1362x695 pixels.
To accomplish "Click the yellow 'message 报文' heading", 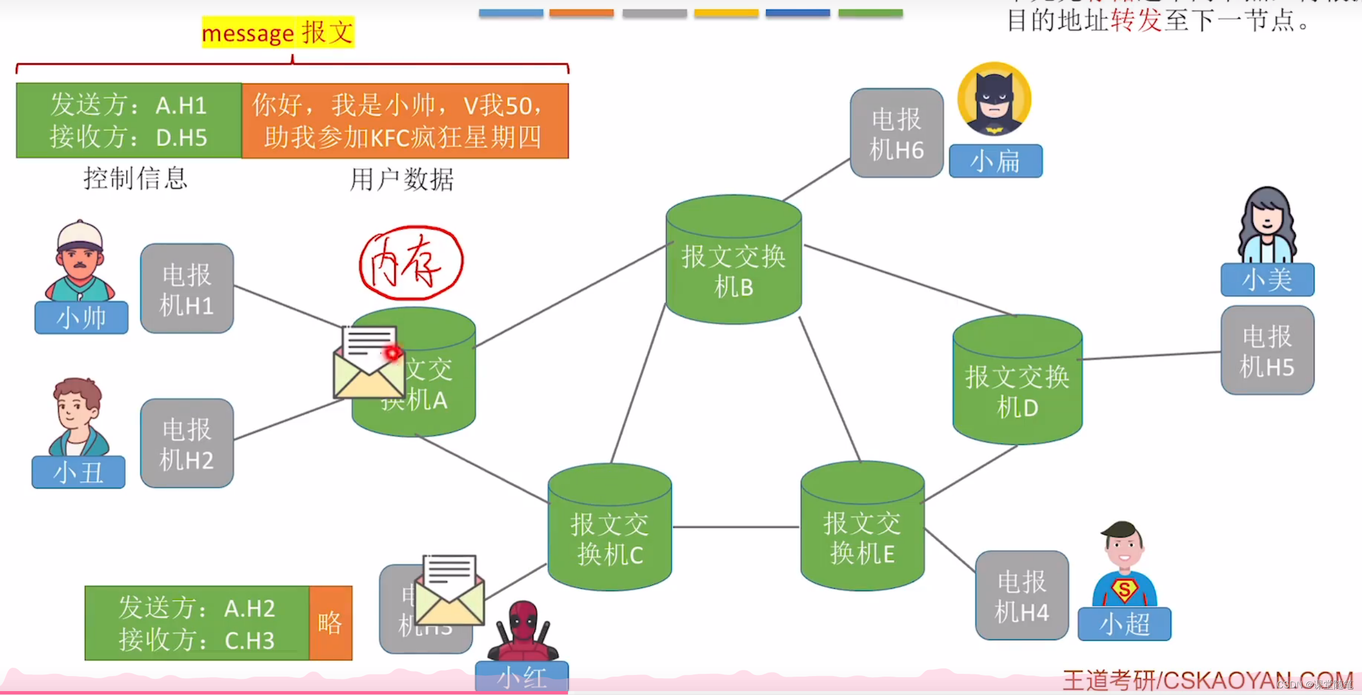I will pyautogui.click(x=278, y=32).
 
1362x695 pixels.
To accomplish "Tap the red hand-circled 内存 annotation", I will pyautogui.click(x=411, y=262).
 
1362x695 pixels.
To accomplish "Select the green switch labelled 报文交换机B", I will pyautogui.click(x=733, y=262).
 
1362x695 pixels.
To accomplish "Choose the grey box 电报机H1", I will pyautogui.click(x=187, y=289).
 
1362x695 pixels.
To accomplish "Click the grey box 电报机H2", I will pyautogui.click(x=187, y=443).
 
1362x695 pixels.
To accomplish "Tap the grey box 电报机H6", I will pyautogui.click(x=896, y=134).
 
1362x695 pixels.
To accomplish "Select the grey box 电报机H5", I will pyautogui.click(x=1267, y=351).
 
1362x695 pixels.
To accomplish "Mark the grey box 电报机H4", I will pyautogui.click(x=1021, y=595).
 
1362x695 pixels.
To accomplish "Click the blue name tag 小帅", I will pyautogui.click(x=81, y=318).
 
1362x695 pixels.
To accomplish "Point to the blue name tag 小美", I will pyautogui.click(x=1267, y=279).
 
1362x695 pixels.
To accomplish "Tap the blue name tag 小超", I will pyautogui.click(x=1124, y=624).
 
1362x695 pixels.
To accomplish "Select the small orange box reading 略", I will pyautogui.click(x=330, y=623).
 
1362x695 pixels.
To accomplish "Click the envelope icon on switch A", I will pyautogui.click(x=369, y=363).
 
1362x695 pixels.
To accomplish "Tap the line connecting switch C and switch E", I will pyautogui.click(x=736, y=526).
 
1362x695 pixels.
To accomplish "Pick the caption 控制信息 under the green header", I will pyautogui.click(x=135, y=179).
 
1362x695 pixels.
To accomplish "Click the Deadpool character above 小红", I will pyautogui.click(x=522, y=631).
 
